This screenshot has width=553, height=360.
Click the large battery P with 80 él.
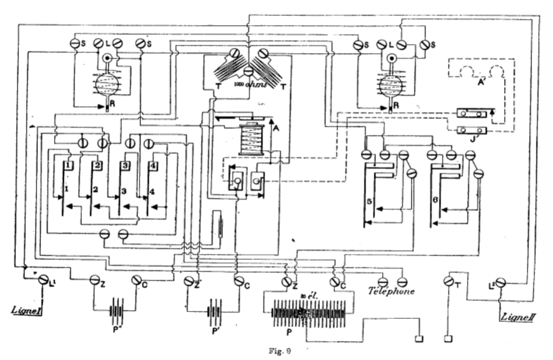(x=307, y=312)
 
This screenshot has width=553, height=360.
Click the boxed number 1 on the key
(x=70, y=165)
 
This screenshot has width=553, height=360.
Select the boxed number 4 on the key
(x=153, y=166)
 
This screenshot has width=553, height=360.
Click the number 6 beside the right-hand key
(x=434, y=200)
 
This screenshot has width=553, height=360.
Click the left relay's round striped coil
(x=107, y=82)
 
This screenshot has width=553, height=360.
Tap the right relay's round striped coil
(x=391, y=84)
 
